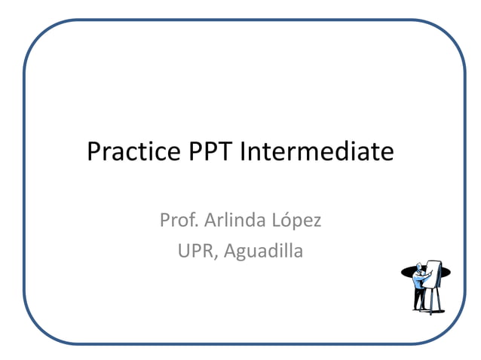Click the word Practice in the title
(132, 153)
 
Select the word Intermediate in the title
(317, 153)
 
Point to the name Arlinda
(231, 221)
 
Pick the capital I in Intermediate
(243, 153)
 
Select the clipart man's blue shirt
(418, 282)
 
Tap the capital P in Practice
(93, 153)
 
